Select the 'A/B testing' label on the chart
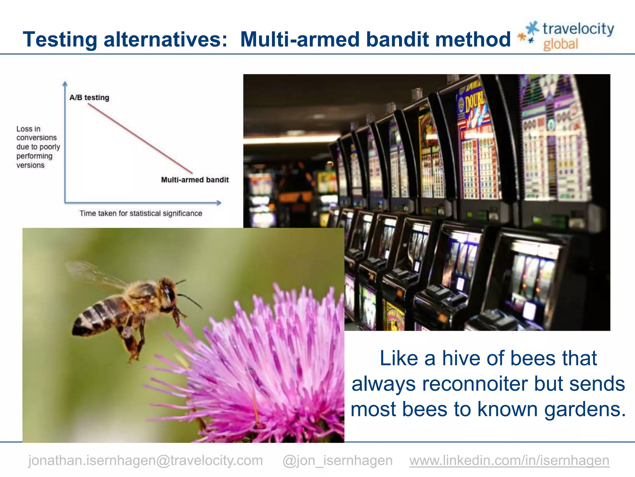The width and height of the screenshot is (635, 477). [x=89, y=98]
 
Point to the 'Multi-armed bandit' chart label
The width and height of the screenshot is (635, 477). [x=195, y=180]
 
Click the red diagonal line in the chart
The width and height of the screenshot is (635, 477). [x=140, y=138]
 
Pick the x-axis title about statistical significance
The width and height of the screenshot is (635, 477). [x=141, y=213]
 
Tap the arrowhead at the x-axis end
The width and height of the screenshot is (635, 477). [x=219, y=203]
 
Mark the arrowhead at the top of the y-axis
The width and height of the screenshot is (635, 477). [x=65, y=84]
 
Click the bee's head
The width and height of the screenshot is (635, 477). [x=169, y=290]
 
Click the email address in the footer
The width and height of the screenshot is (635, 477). [x=145, y=460]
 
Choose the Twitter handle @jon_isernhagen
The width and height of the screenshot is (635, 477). [x=337, y=460]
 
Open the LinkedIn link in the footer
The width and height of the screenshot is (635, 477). [x=509, y=460]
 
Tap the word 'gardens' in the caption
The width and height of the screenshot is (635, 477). [x=585, y=409]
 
